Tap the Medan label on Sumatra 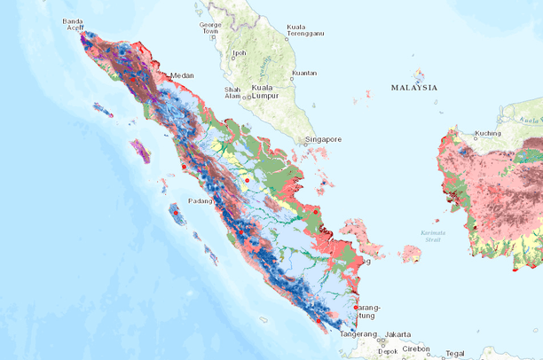click(x=182, y=76)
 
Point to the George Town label click(x=210, y=28)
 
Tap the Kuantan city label click(x=304, y=74)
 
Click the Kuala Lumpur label click(x=262, y=93)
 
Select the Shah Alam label click(x=232, y=93)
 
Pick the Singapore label click(x=323, y=139)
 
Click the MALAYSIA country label click(x=413, y=88)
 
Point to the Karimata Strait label click(x=432, y=236)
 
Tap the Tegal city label click(x=456, y=354)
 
